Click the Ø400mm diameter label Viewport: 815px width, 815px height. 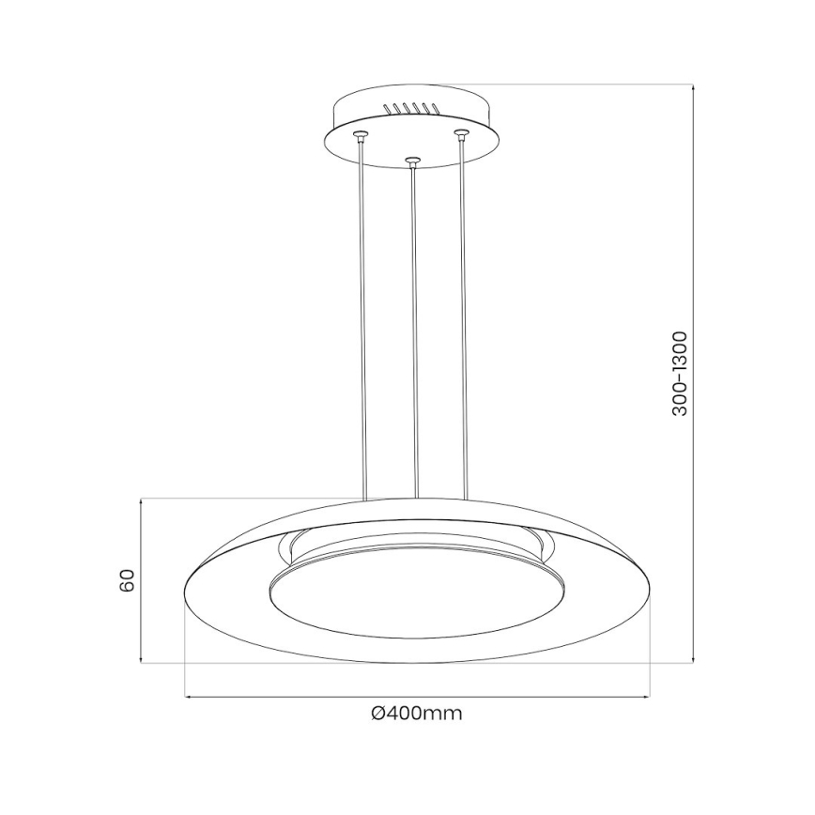(416, 714)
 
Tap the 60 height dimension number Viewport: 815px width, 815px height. (129, 580)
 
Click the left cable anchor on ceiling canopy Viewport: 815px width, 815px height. (358, 135)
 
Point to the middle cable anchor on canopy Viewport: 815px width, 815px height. (410, 161)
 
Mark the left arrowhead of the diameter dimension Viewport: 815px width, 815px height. (188, 696)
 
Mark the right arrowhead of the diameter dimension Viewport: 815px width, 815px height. (647, 696)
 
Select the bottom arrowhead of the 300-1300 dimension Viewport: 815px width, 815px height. (693, 660)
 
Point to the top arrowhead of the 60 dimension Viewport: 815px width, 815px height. (142, 501)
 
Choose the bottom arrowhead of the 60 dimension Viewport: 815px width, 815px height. (142, 660)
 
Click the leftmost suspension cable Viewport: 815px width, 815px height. (361, 319)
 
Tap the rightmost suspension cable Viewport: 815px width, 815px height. (463, 319)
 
